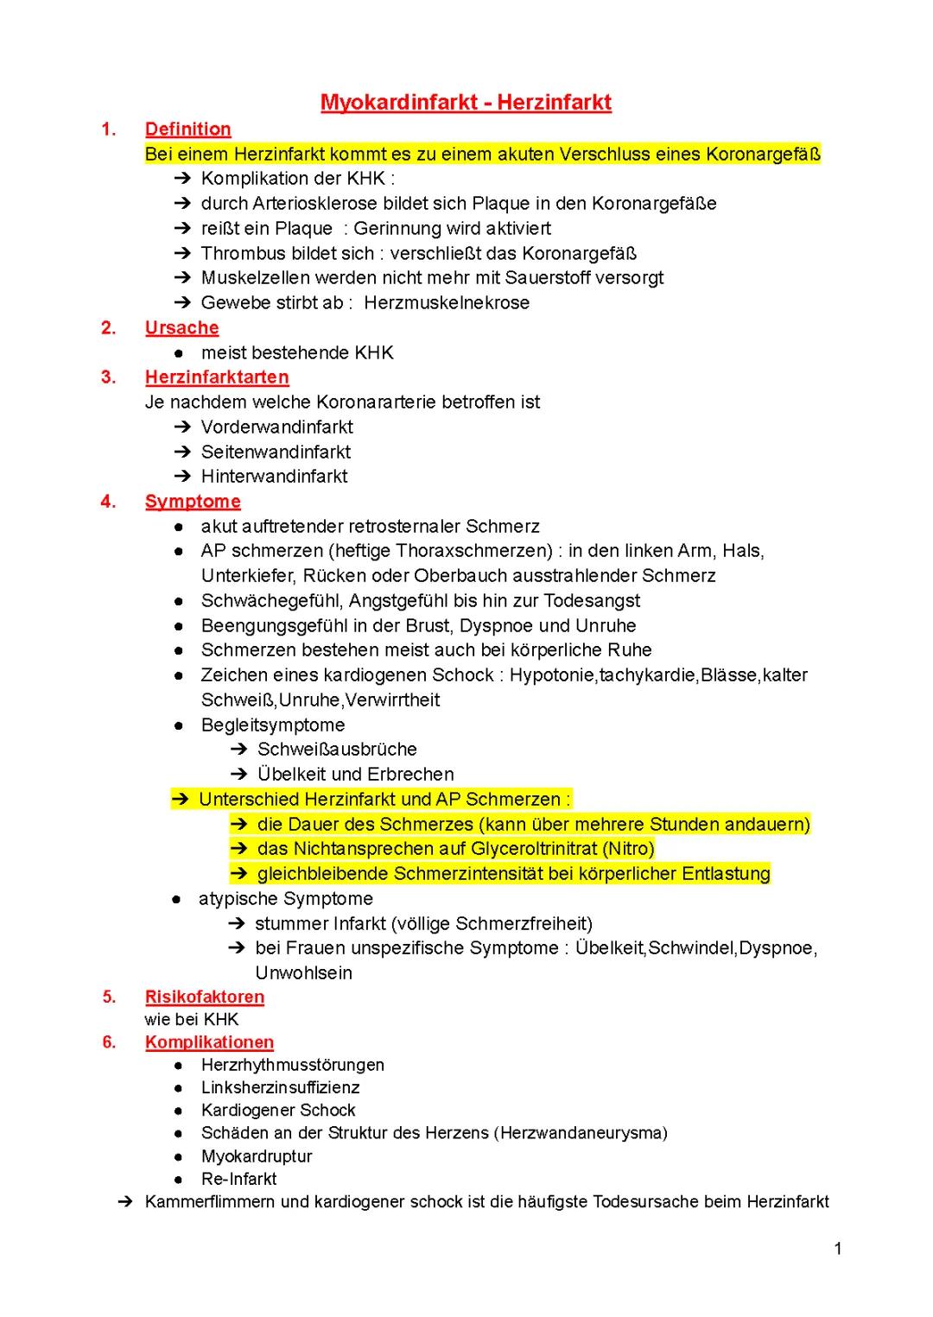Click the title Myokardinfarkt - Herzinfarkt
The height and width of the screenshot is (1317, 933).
click(466, 103)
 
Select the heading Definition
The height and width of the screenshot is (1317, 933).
click(187, 130)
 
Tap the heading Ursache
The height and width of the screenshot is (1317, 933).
click(181, 328)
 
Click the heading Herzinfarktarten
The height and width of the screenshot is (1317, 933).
click(217, 377)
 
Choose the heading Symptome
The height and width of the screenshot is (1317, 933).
click(193, 502)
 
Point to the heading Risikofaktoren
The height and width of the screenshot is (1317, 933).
click(205, 997)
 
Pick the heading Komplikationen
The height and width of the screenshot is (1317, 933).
click(209, 1042)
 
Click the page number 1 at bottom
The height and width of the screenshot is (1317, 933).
click(838, 1249)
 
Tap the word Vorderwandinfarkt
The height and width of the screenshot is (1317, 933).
click(276, 427)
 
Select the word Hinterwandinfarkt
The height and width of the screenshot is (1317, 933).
click(274, 477)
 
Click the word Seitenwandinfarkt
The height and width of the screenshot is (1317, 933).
click(276, 452)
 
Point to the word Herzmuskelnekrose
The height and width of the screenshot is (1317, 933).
click(447, 303)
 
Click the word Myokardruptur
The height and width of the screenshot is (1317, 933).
click(257, 1156)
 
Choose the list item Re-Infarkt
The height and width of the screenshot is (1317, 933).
click(238, 1179)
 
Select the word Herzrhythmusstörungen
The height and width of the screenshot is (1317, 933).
click(292, 1065)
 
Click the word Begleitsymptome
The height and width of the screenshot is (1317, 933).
click(272, 725)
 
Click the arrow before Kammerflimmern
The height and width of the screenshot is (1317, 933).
click(124, 1202)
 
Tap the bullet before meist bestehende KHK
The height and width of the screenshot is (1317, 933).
click(178, 353)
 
